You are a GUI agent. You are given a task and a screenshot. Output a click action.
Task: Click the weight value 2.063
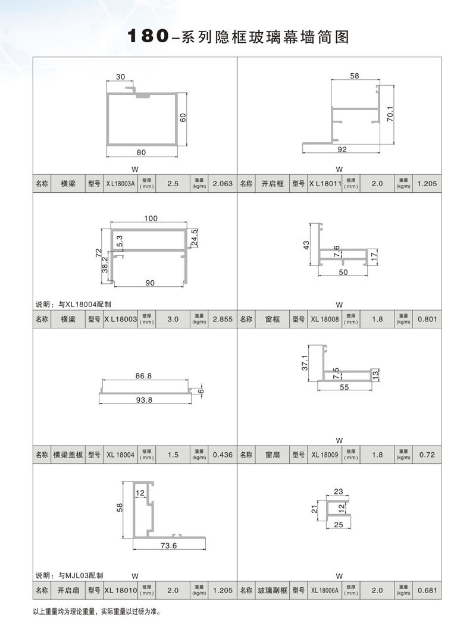point(222,184)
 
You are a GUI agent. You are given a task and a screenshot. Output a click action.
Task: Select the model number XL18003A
point(121,184)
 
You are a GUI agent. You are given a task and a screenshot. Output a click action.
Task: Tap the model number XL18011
point(325,184)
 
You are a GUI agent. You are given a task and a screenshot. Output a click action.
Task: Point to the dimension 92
point(342,150)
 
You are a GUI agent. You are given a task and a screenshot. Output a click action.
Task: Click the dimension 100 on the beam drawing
point(150,219)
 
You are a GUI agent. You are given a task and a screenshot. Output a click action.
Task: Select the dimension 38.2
point(105,267)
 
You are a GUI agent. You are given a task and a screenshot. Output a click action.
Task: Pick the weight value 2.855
point(222,320)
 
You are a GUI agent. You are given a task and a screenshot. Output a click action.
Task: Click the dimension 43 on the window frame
point(307,245)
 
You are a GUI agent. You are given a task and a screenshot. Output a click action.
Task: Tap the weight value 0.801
point(427,320)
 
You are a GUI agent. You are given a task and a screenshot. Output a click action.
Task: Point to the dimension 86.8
point(143,376)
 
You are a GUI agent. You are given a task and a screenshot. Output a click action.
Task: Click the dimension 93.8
point(145,400)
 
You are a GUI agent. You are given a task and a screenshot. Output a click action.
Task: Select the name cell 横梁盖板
point(68,455)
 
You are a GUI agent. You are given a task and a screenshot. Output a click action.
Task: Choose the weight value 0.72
point(427,455)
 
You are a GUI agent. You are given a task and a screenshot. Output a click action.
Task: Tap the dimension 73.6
point(169,546)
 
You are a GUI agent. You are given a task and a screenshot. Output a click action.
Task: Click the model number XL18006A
point(325,591)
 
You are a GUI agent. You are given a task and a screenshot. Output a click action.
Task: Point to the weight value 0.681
point(427,591)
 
